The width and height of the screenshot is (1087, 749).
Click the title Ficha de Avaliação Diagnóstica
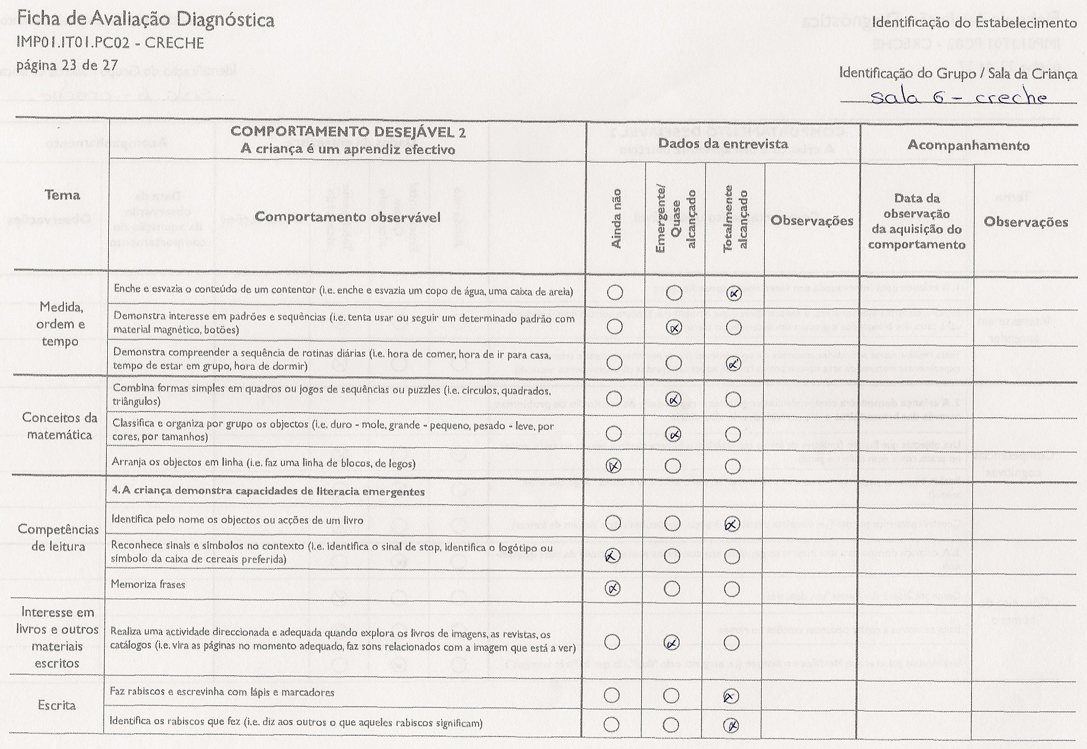click(x=145, y=20)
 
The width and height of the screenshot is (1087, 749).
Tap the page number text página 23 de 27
click(x=67, y=66)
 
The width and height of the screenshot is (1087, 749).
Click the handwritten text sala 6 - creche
click(x=958, y=97)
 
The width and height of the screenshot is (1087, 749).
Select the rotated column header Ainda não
click(x=616, y=219)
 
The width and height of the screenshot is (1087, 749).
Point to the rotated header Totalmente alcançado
click(x=734, y=220)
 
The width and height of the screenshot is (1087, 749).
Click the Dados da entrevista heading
click(x=722, y=144)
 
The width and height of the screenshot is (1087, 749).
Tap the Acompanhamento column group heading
click(x=968, y=145)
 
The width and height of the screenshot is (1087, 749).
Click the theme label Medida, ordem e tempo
click(x=60, y=324)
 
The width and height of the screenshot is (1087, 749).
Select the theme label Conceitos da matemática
click(x=60, y=426)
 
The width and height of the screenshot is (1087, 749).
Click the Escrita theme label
click(x=56, y=706)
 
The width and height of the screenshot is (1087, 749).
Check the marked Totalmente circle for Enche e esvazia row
click(x=734, y=293)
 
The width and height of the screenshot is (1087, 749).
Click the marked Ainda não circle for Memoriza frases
click(x=613, y=588)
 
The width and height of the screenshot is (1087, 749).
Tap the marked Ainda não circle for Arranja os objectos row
click(x=614, y=466)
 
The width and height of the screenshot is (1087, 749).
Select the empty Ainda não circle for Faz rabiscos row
click(x=612, y=695)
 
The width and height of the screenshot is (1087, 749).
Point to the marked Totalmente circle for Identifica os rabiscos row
click(x=731, y=725)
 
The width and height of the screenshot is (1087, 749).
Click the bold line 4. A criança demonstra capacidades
click(x=268, y=492)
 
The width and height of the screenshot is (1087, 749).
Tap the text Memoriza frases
click(x=148, y=584)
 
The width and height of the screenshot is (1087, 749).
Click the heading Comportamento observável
click(x=347, y=217)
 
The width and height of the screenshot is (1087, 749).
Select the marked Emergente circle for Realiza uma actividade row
click(x=672, y=642)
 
